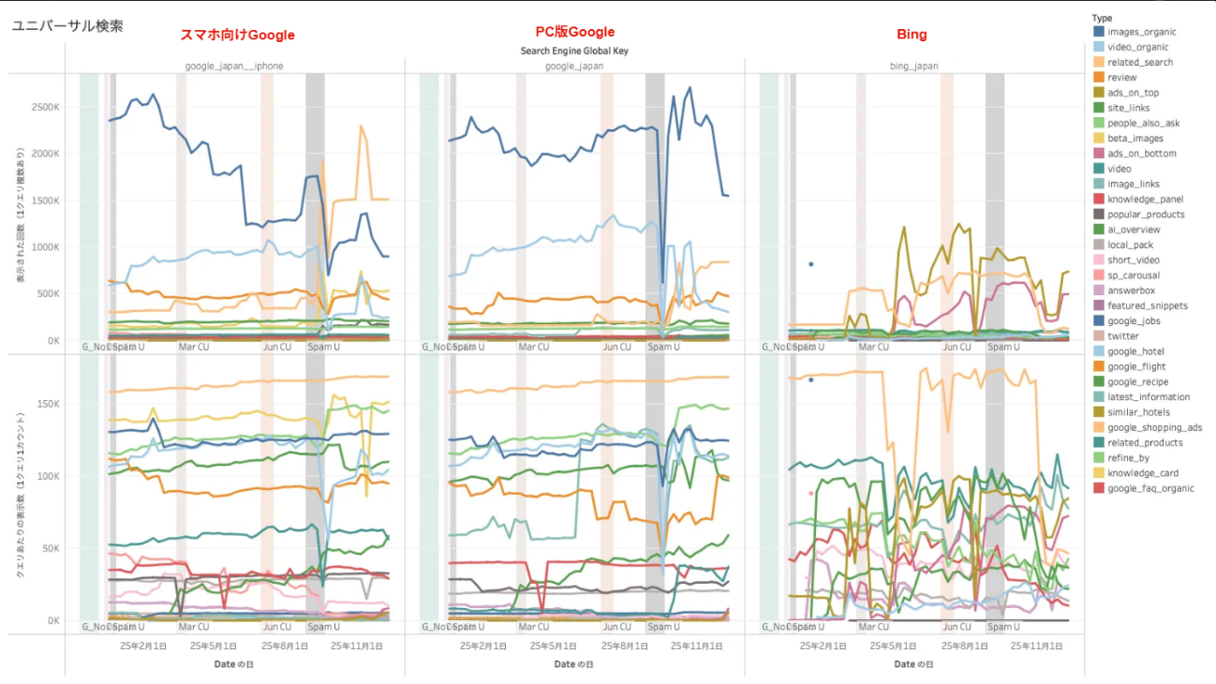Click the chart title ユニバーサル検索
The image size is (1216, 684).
click(67, 26)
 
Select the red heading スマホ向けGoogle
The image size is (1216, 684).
click(237, 36)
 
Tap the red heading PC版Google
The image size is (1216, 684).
click(574, 33)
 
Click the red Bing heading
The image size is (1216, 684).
click(912, 35)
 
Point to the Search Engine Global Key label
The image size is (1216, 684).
click(574, 51)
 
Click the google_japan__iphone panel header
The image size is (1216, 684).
click(233, 67)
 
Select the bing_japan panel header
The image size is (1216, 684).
click(914, 67)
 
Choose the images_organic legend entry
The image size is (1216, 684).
click(1139, 32)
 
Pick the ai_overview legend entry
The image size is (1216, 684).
click(1134, 230)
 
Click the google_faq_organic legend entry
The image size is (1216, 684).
click(1150, 488)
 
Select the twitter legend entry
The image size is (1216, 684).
click(1122, 336)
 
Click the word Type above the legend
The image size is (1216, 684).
click(1102, 18)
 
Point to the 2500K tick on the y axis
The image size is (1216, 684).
click(44, 108)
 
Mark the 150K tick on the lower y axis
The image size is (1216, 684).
click(47, 404)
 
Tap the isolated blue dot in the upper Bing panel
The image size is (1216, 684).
click(811, 264)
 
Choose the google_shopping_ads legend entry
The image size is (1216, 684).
click(1154, 427)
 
